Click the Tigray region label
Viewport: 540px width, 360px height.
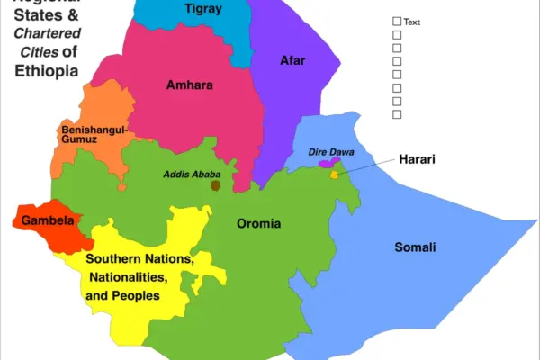point(202,9)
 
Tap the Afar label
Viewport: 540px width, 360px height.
point(293,60)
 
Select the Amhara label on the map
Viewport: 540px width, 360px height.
point(190,85)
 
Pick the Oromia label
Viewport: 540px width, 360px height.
point(258,223)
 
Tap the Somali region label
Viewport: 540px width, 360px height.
point(415,247)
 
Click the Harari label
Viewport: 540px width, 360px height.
point(418,159)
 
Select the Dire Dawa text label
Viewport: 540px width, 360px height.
point(324,152)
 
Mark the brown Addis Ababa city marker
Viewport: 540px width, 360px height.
point(216,185)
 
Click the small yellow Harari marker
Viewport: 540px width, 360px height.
point(335,174)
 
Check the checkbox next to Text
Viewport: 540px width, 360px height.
point(397,22)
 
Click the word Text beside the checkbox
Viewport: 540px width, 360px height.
point(413,22)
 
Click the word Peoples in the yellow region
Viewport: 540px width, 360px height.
point(137,295)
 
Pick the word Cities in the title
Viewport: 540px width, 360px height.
point(40,52)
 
